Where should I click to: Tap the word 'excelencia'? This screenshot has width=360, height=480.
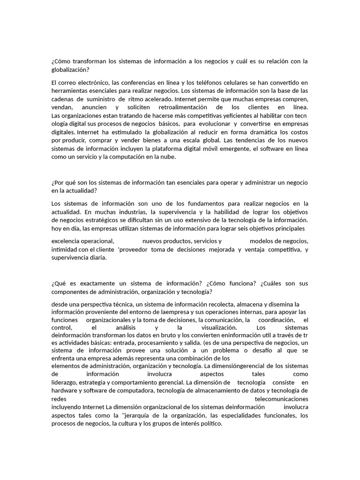click(66, 241)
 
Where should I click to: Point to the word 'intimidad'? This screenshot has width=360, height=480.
click(65, 249)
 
